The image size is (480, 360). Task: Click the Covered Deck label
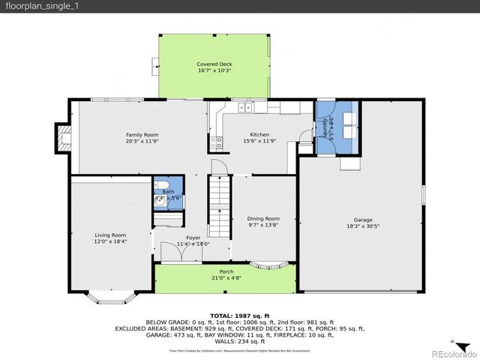click(214, 64)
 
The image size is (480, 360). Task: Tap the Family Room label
click(142, 134)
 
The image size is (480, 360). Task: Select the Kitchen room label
click(249, 134)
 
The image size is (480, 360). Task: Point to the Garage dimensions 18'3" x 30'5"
click(363, 225)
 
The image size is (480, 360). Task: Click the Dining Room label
click(263, 218)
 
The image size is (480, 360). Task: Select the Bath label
click(168, 192)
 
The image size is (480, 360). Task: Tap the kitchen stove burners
click(215, 142)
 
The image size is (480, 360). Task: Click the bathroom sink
click(160, 199)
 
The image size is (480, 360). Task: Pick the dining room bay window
click(268, 264)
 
